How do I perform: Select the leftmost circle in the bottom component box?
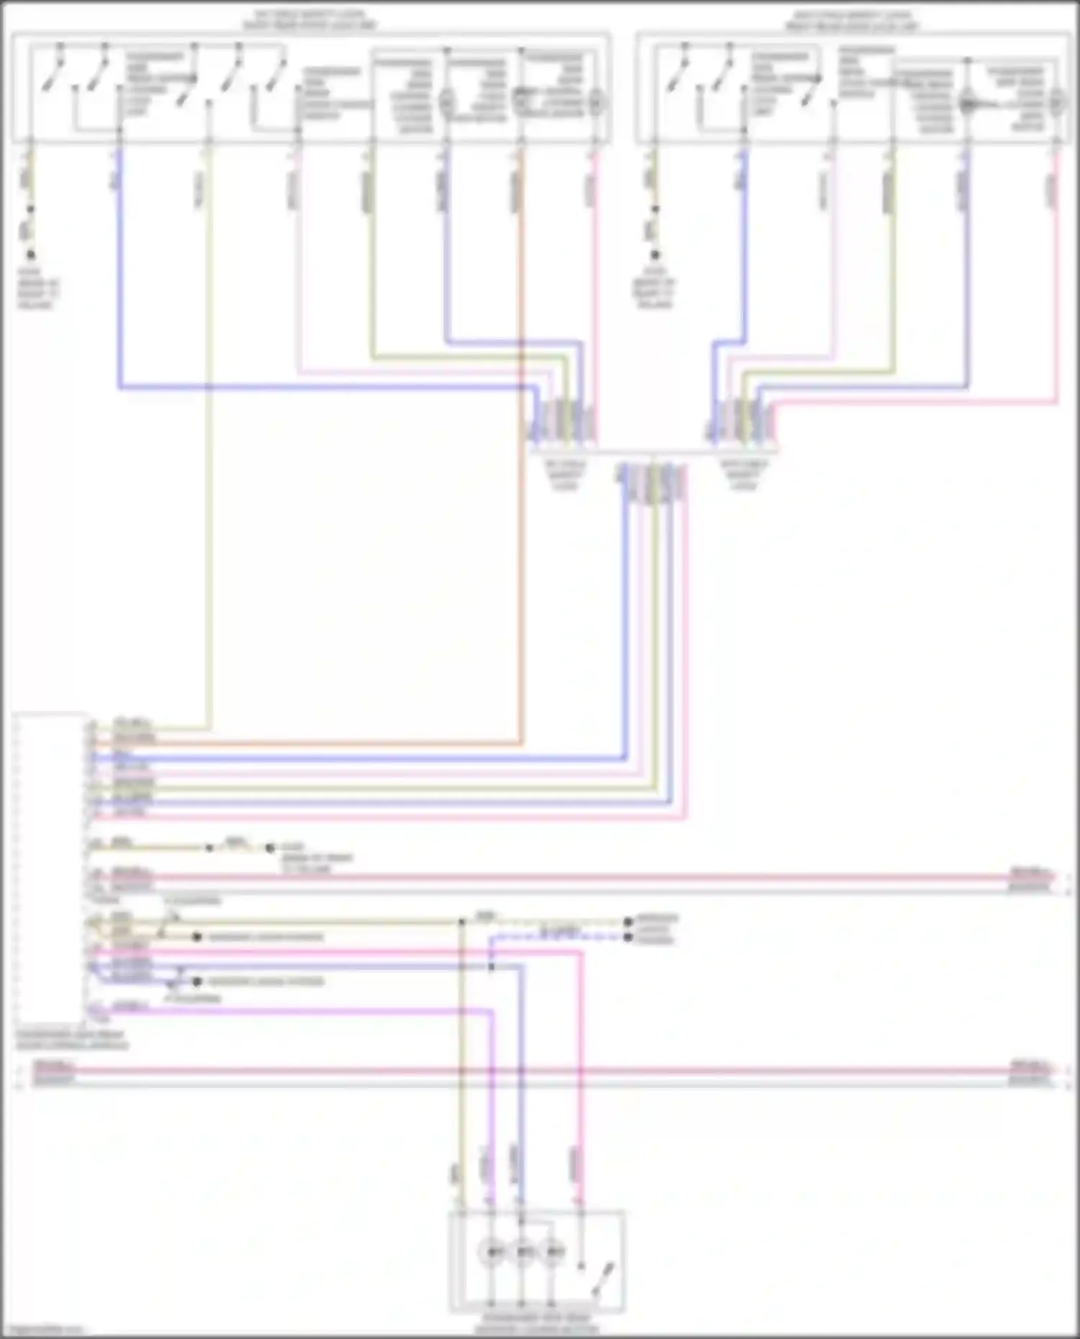[x=492, y=1253]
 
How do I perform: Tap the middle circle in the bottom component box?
[x=523, y=1253]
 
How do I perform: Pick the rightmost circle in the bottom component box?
[x=553, y=1253]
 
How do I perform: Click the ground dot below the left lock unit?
[x=30, y=255]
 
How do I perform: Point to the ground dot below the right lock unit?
[x=654, y=255]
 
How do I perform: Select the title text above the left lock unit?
[x=310, y=20]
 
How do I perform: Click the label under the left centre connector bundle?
[x=565, y=475]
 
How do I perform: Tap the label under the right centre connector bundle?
[x=744, y=475]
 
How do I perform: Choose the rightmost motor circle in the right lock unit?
[x=1057, y=103]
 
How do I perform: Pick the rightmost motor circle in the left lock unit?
[x=596, y=103]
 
